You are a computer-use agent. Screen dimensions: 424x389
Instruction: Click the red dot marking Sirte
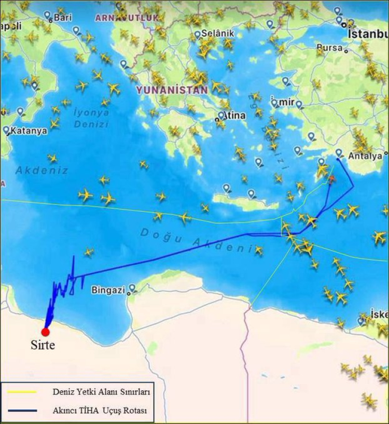(46, 332)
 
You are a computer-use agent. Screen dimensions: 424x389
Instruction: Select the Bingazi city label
(108, 290)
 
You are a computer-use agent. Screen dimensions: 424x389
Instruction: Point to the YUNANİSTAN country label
(172, 90)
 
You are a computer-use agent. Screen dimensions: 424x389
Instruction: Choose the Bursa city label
(329, 48)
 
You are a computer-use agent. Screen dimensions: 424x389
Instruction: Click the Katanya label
(29, 131)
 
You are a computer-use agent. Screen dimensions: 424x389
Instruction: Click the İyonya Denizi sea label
(91, 118)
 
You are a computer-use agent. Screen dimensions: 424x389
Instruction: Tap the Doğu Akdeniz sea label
(197, 238)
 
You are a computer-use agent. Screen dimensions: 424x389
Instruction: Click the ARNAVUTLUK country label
(126, 18)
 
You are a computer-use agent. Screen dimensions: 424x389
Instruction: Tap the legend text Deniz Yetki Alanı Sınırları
(101, 392)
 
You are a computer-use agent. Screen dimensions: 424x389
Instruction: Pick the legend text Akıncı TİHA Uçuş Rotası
(100, 411)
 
